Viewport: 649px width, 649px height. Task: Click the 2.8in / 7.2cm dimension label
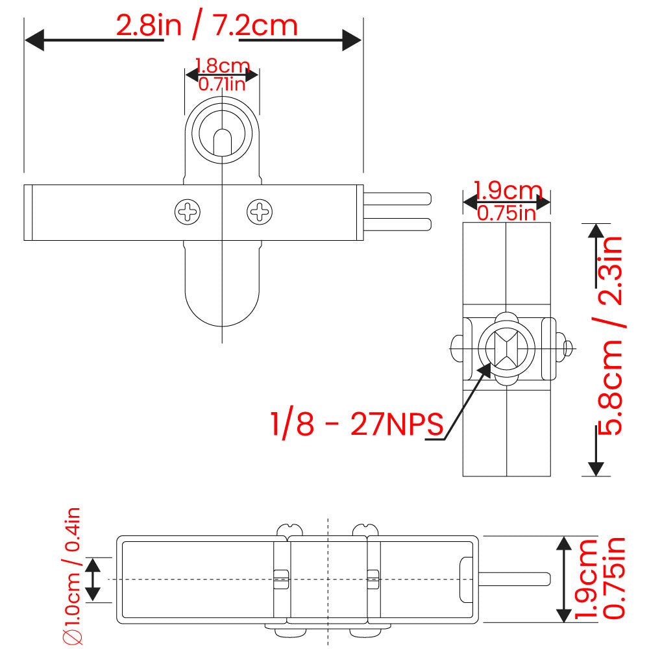[x=206, y=26]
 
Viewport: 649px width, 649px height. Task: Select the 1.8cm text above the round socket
[x=222, y=66]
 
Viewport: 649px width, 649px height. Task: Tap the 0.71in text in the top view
[x=222, y=83]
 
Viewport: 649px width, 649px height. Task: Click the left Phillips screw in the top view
[x=188, y=212]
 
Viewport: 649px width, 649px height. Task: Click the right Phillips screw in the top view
[x=260, y=212]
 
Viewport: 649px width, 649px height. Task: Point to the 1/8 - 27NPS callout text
[x=356, y=424]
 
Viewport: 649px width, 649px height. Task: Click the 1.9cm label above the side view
[x=508, y=190]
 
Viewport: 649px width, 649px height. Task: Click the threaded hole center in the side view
[x=506, y=349]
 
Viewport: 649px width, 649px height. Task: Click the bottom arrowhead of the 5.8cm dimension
[x=595, y=467]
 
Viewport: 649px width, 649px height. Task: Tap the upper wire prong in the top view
[x=397, y=197]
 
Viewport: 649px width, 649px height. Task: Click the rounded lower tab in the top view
[x=222, y=292]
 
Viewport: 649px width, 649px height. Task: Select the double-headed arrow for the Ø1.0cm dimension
[x=93, y=579]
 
